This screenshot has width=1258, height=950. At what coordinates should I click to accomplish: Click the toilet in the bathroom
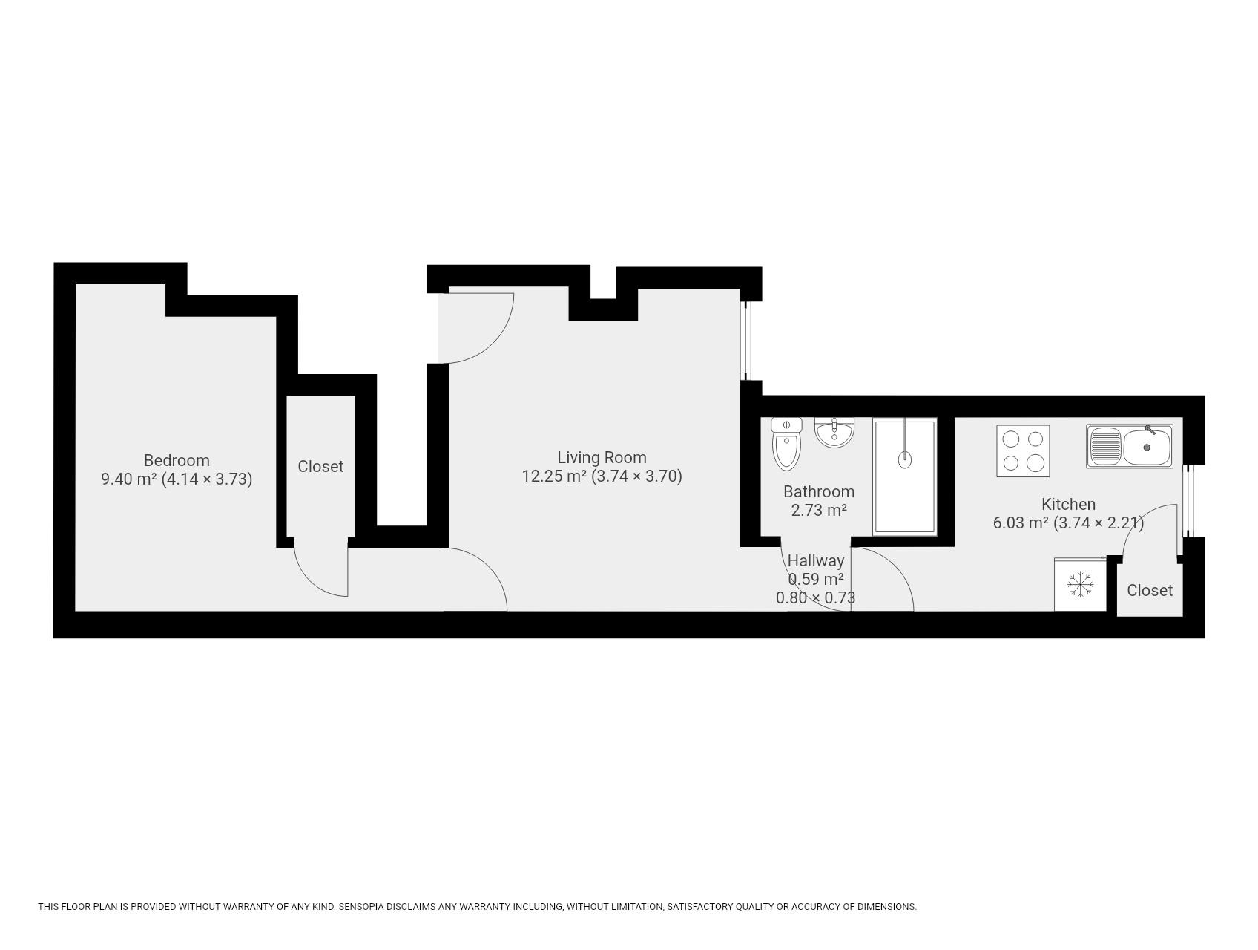(x=786, y=444)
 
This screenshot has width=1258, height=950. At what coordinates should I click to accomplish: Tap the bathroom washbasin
(x=834, y=432)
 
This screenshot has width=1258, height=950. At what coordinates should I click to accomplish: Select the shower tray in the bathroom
(x=904, y=476)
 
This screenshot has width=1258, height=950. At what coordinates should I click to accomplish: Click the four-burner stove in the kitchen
(x=1023, y=451)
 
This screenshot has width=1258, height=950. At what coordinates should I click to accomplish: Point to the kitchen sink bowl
(x=1147, y=447)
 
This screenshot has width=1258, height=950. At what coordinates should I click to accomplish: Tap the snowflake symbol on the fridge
(x=1081, y=585)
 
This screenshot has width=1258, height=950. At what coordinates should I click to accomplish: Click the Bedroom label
(x=177, y=460)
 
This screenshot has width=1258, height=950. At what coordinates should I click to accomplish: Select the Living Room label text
(x=602, y=457)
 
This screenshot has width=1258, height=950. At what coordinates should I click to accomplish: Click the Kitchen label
(x=1068, y=504)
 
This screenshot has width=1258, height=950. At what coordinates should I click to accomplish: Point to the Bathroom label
(x=819, y=491)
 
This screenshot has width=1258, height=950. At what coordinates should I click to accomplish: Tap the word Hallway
(x=816, y=561)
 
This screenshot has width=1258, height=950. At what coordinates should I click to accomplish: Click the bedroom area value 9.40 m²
(x=129, y=479)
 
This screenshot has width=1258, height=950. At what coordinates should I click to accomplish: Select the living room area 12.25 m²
(x=555, y=476)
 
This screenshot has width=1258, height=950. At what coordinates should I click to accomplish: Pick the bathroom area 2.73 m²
(x=819, y=510)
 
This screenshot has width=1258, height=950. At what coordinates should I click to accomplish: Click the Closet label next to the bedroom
(x=320, y=466)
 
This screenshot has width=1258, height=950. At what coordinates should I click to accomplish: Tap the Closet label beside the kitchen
(x=1150, y=590)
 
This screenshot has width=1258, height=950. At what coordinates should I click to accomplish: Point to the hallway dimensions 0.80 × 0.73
(x=816, y=597)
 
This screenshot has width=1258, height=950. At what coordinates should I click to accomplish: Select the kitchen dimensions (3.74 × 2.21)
(x=1099, y=522)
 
